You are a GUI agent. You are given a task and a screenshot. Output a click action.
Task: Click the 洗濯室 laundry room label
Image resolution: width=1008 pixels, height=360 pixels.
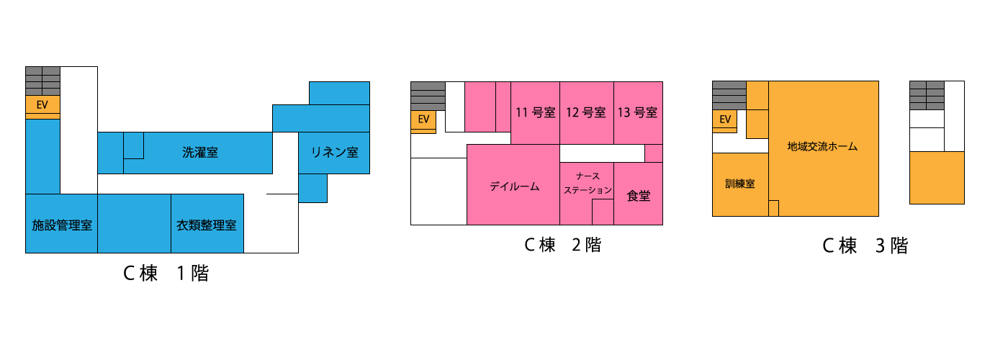click(x=199, y=153)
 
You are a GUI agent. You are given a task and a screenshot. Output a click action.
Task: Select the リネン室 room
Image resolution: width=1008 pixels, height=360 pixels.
click(x=334, y=153)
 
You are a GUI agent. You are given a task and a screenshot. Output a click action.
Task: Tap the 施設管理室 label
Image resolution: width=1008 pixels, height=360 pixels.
click(x=62, y=225)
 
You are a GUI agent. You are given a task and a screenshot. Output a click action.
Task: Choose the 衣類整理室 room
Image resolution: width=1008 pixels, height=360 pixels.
click(x=207, y=225)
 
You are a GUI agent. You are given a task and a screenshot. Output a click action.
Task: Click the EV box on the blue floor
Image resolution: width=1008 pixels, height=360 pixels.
click(x=42, y=105)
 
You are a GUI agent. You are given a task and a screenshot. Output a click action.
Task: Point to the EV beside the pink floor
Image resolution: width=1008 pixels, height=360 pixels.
click(x=423, y=120)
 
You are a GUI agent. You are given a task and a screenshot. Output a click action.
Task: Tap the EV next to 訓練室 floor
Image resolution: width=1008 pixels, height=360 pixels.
click(x=725, y=120)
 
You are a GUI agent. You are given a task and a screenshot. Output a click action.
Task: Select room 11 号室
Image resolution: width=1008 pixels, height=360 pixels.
click(x=535, y=112)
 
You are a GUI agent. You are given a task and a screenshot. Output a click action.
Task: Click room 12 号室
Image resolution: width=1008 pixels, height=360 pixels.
click(x=586, y=112)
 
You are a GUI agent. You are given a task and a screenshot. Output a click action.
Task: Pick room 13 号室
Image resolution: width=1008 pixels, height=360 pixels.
click(x=637, y=112)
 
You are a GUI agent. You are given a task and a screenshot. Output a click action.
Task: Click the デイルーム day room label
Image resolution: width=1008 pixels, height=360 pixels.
click(x=514, y=186)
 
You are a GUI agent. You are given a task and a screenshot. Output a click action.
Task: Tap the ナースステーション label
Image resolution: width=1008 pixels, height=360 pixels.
click(x=588, y=184)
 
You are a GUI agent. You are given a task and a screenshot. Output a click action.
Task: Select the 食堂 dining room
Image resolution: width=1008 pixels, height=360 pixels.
click(x=638, y=195)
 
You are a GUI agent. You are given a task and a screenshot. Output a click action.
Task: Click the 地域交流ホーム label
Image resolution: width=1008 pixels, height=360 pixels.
click(x=822, y=146)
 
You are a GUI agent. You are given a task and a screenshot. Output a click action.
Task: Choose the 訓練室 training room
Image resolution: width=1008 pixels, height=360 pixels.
click(x=739, y=184)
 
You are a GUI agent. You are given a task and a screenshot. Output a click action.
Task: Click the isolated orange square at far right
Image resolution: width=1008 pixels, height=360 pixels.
click(x=937, y=178)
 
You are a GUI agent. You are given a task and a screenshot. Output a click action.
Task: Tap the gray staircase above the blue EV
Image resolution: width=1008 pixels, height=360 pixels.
click(x=42, y=81)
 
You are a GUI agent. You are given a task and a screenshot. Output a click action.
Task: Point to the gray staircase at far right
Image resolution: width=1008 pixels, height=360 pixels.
click(x=927, y=95)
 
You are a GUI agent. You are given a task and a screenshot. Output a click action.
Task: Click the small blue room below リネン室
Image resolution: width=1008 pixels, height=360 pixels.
click(x=312, y=188)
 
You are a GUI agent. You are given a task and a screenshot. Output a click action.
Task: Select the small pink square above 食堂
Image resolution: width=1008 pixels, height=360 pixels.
click(x=654, y=153)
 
